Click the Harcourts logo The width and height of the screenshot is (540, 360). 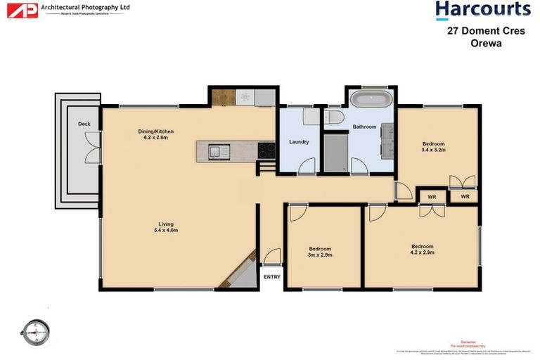[x=482, y=10]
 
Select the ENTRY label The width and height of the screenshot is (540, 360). [x=271, y=276]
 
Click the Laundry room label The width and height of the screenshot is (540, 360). [x=299, y=142]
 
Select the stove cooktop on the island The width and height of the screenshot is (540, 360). [x=266, y=150]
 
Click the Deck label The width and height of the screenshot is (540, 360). [x=84, y=124]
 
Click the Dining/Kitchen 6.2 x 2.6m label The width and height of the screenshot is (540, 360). [x=155, y=134]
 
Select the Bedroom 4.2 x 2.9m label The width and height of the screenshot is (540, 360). [x=422, y=250]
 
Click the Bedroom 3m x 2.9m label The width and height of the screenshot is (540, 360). [x=320, y=252]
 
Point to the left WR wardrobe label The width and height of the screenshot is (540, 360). [x=432, y=197]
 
